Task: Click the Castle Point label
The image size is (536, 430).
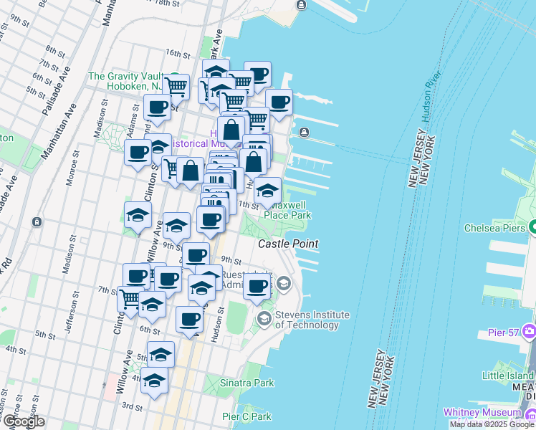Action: coord(288,244)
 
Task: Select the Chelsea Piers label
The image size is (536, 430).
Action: coord(495,228)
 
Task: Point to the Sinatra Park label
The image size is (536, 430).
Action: coord(247,383)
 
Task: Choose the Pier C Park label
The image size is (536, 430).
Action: coord(247,416)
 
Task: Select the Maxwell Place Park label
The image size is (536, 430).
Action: coord(287,210)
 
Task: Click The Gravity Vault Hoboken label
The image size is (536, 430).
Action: coord(125,81)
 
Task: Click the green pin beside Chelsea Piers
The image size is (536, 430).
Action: coord(532,228)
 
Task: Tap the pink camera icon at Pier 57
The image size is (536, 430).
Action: coord(530,331)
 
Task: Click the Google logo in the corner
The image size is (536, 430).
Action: coord(24,421)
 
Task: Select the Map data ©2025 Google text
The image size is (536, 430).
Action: coord(491,424)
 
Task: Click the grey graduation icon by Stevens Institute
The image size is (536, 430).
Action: coord(264,318)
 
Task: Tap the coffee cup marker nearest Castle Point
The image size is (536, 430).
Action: coord(257,287)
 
